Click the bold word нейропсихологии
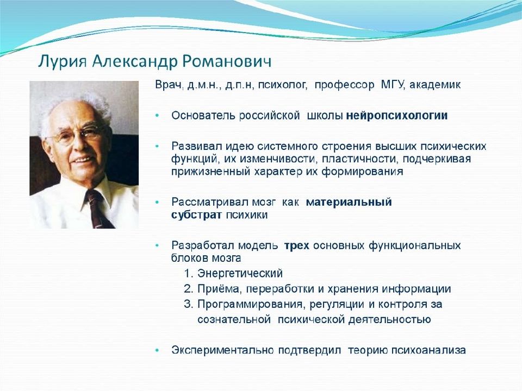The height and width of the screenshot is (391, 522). [x=397, y=116]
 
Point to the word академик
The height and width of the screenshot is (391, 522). [x=435, y=85]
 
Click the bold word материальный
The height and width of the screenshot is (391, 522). [x=349, y=202]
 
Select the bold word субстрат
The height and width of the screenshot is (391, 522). [x=196, y=215]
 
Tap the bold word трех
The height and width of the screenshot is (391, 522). [x=297, y=245]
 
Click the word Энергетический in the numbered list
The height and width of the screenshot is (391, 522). [x=240, y=273]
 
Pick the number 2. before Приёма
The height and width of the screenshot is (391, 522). [x=189, y=288]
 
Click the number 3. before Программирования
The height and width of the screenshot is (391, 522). [x=189, y=304]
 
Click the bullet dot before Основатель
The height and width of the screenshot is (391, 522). [x=157, y=115]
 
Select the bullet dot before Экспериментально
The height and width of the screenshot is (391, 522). [x=157, y=350]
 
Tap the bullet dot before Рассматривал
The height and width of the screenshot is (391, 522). [x=157, y=202]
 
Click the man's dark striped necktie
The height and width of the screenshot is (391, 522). [x=98, y=210]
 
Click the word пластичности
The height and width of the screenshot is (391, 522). [x=360, y=159]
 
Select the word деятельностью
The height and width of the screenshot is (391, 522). [x=390, y=319]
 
